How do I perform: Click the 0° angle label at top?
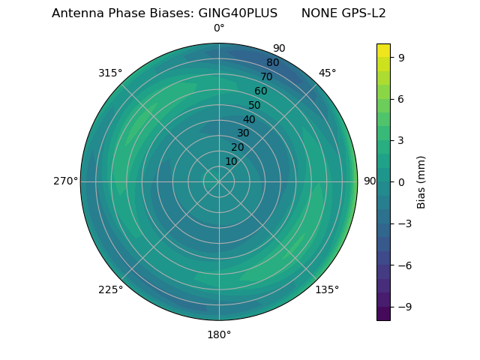point(219,28)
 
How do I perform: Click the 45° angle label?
point(327,73)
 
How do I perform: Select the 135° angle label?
point(327,289)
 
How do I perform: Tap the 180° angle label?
point(219,334)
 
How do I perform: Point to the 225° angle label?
point(110,290)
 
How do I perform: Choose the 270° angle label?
point(65,181)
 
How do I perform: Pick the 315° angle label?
point(110,73)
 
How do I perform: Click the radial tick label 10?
point(231,161)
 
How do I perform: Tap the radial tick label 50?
point(255,106)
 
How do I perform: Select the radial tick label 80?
point(273,63)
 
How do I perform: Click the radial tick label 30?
point(243,133)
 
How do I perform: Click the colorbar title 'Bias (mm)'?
point(421,182)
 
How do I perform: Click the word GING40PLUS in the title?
point(238,13)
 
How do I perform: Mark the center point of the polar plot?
point(219,181)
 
